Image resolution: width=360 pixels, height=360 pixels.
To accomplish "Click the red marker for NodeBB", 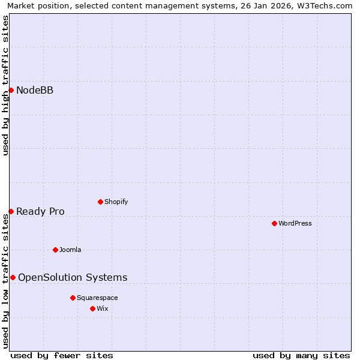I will click(x=11, y=90).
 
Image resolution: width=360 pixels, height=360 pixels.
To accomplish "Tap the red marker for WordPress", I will click(x=274, y=223).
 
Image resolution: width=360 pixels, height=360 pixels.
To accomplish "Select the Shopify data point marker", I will click(x=100, y=202).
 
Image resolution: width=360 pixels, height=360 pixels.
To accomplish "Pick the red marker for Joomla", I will click(x=55, y=250).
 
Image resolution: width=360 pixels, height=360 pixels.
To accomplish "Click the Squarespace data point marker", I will click(x=73, y=298).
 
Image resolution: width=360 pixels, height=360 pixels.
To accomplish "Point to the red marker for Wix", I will click(x=92, y=308).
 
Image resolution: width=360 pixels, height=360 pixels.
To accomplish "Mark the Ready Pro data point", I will click(x=11, y=211).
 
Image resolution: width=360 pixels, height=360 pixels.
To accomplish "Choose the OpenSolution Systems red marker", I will click(x=13, y=277).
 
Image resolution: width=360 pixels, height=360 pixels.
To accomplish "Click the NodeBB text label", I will click(x=35, y=91).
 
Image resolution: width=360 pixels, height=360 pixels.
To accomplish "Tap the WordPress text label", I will click(x=295, y=223).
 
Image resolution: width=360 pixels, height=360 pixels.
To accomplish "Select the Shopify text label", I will click(x=116, y=202).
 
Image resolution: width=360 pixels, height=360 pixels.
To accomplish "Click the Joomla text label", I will click(x=70, y=250).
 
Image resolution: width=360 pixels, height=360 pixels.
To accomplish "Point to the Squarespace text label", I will click(x=97, y=298).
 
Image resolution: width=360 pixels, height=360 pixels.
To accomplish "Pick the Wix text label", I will click(x=103, y=308).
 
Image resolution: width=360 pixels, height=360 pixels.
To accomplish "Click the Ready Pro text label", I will click(x=40, y=211).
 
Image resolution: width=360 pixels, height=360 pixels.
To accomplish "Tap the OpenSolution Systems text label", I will click(x=73, y=277).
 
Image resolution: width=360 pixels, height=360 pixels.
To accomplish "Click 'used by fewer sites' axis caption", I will click(x=62, y=355).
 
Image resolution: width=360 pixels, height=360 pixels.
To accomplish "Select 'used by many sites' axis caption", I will click(x=301, y=355).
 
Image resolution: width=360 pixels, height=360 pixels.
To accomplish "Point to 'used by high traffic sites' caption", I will click(x=5, y=85).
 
